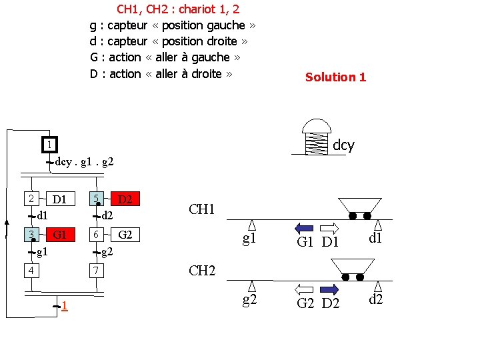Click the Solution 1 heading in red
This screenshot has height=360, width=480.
[x=335, y=77]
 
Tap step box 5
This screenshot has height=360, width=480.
[x=97, y=199]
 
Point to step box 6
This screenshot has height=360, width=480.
[x=97, y=235]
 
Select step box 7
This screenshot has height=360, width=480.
[x=97, y=270]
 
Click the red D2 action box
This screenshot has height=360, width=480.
[x=125, y=199]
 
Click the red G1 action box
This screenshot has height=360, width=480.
[x=60, y=235]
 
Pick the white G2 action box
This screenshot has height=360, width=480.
[x=125, y=235]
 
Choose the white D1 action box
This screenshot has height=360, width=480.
[x=60, y=199]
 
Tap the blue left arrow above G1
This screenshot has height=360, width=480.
[x=304, y=226]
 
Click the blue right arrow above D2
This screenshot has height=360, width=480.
[x=329, y=289]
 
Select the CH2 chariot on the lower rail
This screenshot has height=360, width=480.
[x=351, y=268]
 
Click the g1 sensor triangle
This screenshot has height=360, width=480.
[x=252, y=225]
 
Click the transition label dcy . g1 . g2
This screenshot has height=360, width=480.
[x=85, y=161]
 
